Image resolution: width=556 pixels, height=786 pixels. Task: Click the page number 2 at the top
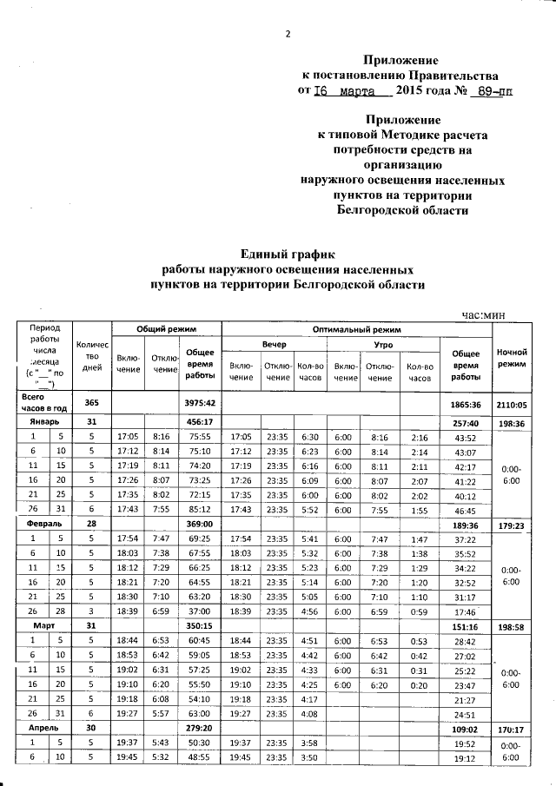pos(287,35)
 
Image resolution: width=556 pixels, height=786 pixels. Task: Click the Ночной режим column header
pos(512,356)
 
